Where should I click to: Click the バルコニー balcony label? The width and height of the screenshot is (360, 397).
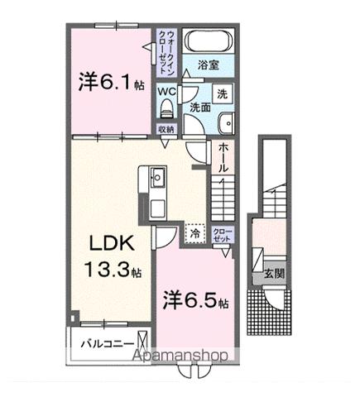(107, 342)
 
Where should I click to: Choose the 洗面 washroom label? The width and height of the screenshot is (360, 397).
(199, 107)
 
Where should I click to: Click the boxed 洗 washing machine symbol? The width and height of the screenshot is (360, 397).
(223, 94)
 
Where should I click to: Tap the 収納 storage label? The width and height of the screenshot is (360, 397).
(166, 129)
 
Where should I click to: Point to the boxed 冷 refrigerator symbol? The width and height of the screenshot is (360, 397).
(195, 234)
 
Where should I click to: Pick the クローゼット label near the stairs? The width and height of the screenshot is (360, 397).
(223, 234)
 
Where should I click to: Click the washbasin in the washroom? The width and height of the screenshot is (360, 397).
(226, 124)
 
